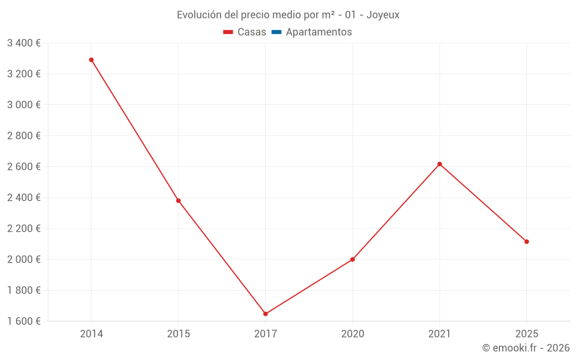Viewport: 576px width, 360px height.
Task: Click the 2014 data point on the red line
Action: point(91,60)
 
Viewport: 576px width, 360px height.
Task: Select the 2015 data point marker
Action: point(178,200)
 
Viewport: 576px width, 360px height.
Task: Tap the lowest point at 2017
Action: point(266,314)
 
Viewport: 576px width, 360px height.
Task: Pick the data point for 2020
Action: point(353,259)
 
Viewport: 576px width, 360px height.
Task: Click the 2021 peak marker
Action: point(439,164)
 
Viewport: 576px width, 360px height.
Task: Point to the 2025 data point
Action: point(526,241)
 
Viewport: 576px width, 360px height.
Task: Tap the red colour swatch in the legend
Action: point(228,32)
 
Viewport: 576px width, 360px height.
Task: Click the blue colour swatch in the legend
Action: point(276,32)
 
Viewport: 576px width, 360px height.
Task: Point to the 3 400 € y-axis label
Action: point(24,43)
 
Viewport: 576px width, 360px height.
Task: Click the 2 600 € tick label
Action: point(24,166)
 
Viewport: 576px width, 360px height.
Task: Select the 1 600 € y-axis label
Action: point(24,321)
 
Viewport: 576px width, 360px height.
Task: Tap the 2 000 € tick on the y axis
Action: point(24,259)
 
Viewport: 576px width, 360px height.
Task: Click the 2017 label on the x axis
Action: point(266,334)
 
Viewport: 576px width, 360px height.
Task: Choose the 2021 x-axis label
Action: point(439,334)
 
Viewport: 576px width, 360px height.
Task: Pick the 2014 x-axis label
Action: point(91,334)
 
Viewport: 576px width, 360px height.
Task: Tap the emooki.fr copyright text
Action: point(526,348)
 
